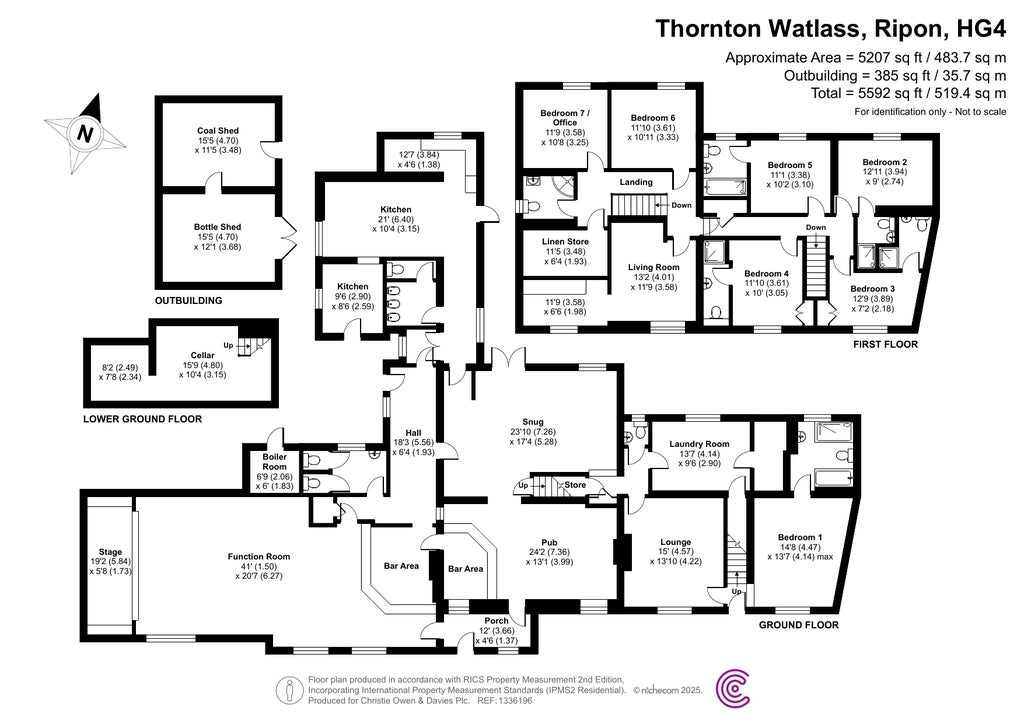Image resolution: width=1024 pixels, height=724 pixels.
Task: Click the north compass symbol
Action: click(85, 131)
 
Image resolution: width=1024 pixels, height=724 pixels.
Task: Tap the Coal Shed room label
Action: click(217, 130)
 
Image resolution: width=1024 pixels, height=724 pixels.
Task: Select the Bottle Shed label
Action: click(219, 227)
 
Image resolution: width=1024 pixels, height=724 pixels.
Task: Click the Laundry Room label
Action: click(699, 443)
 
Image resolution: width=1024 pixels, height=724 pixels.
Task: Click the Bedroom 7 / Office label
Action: click(566, 117)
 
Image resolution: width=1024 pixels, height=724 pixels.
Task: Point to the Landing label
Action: click(636, 182)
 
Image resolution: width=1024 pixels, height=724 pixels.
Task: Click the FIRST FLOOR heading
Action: click(885, 344)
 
